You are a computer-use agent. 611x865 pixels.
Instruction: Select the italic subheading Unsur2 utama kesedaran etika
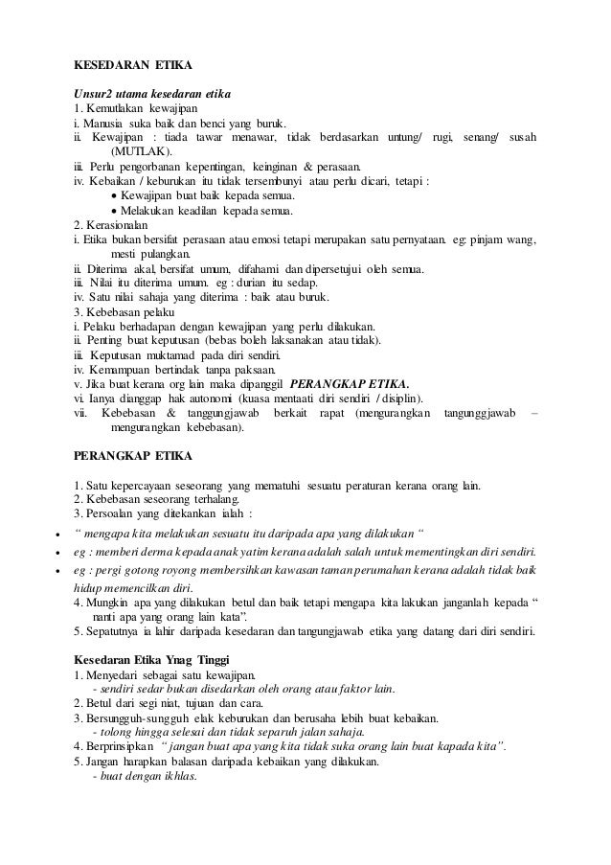click(x=151, y=93)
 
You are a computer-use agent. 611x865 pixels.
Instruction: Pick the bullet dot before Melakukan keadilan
click(x=115, y=211)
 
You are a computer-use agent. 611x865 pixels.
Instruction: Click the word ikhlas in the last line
click(x=176, y=777)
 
